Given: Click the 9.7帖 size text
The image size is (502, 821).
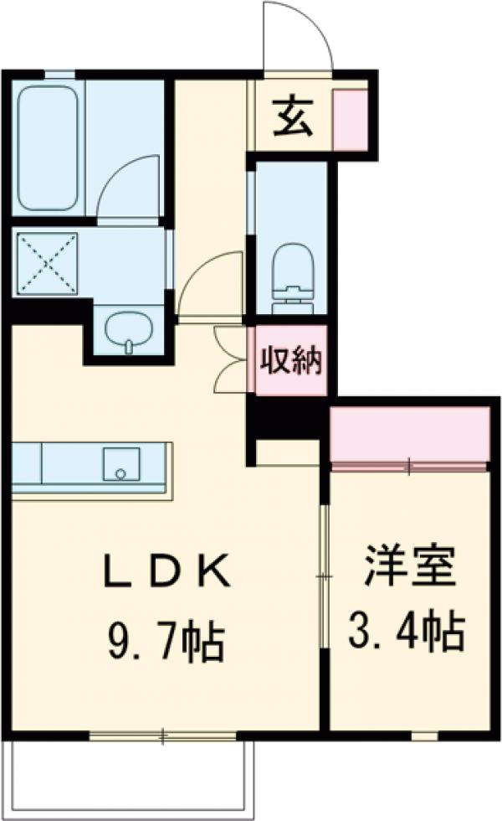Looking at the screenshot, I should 166,641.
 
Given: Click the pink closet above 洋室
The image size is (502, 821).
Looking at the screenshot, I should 409,433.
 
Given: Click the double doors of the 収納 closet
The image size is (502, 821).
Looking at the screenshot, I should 231,359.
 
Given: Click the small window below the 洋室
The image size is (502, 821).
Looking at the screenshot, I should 424,736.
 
